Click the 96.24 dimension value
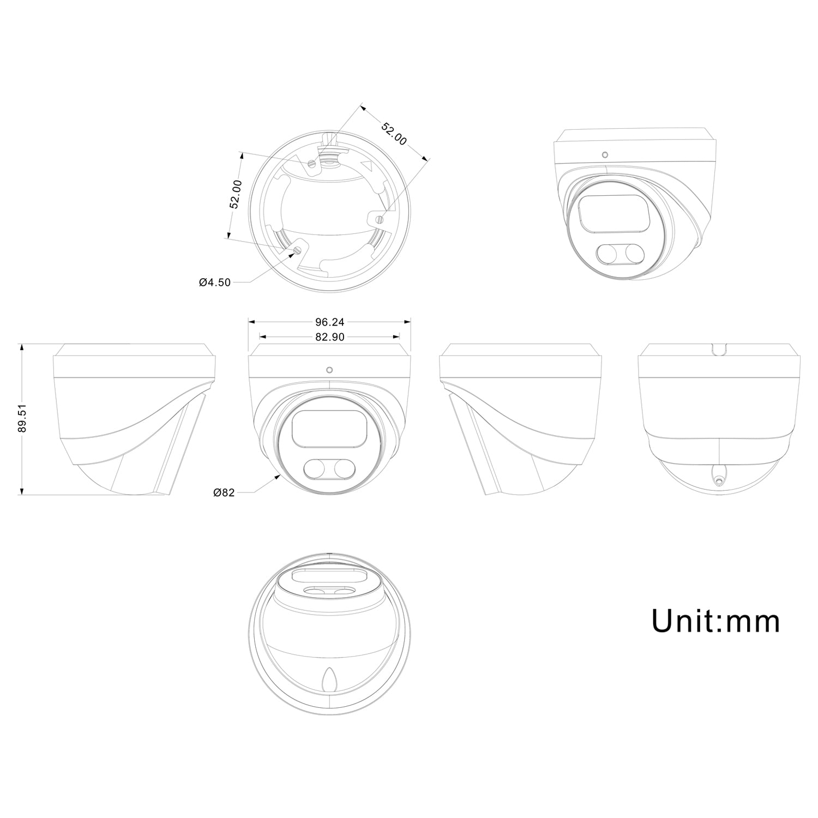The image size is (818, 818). [329, 322]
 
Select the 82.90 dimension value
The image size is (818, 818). [329, 337]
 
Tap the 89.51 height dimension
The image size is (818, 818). [22, 419]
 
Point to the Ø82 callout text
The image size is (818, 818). [224, 492]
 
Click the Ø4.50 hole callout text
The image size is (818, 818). [215, 282]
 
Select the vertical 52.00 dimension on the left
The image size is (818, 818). [236, 194]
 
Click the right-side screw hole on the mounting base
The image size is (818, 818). [379, 219]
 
